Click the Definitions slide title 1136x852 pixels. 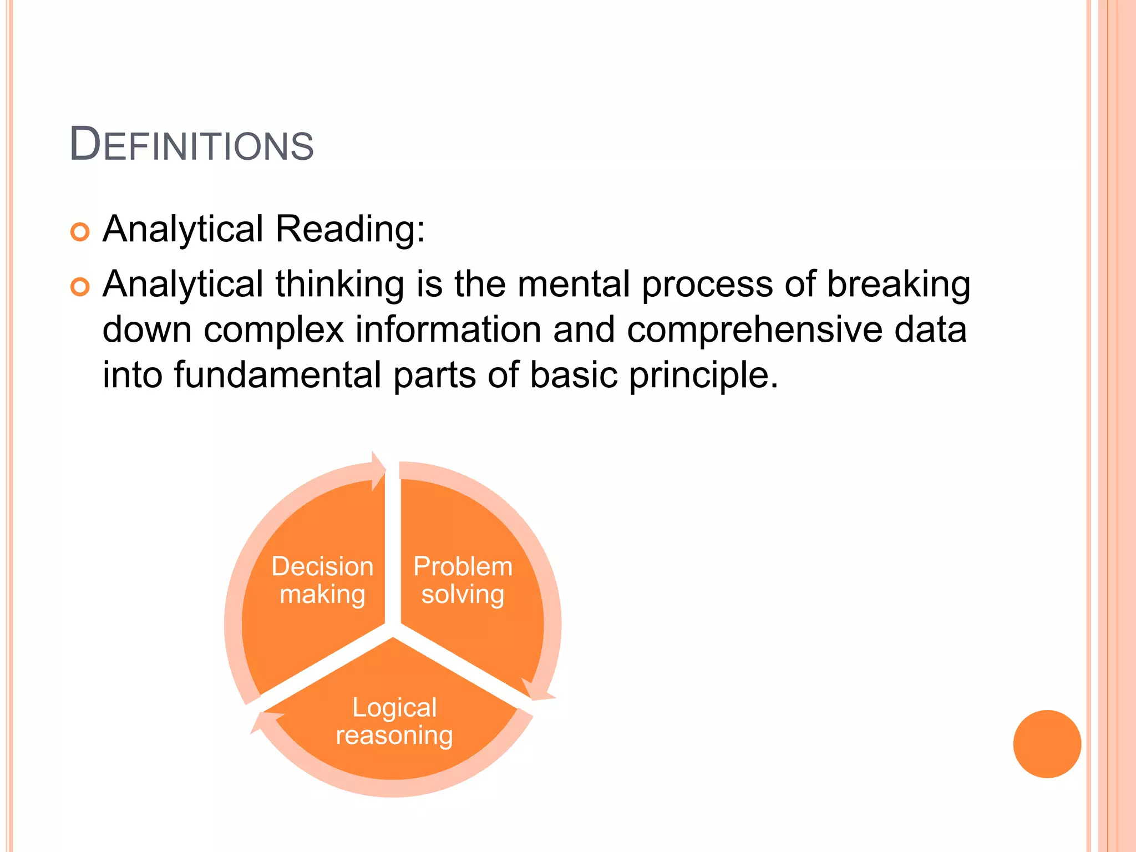click(191, 145)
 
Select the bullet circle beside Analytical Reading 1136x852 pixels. click(80, 232)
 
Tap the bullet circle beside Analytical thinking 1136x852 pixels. click(80, 287)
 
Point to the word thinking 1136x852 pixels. click(339, 284)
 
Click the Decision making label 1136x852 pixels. click(322, 580)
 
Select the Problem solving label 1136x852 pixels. click(463, 580)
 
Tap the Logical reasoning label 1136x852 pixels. click(394, 721)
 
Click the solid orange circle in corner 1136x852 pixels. click(1047, 744)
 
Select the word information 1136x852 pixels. click(448, 329)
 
